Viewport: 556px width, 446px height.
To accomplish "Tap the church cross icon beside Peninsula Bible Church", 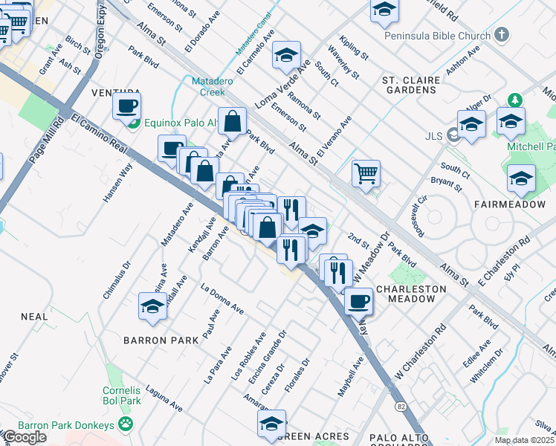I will point(502,34).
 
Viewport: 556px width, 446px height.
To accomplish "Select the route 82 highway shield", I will point(401,407).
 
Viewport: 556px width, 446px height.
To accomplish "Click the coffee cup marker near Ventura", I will point(127,106).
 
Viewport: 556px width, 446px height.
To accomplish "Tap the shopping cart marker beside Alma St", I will point(366,174).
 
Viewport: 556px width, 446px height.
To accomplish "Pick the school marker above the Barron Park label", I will point(152,306).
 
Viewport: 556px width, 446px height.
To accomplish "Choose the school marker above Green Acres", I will point(271,424).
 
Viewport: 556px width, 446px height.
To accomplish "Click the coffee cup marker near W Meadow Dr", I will point(359,301).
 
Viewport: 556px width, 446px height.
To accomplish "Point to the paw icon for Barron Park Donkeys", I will point(126,424).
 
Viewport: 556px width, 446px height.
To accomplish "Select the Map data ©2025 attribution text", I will point(524,440).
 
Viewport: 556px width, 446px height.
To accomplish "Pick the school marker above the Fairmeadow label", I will point(521,178).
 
